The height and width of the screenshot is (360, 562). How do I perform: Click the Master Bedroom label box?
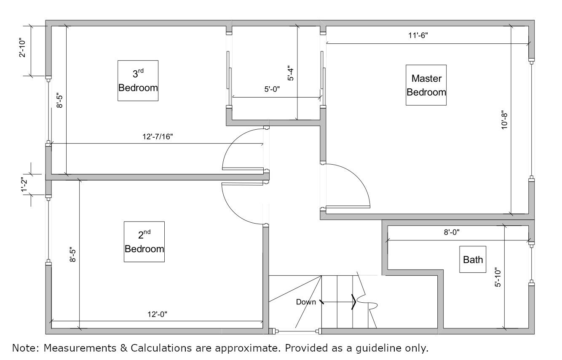pos(426,85)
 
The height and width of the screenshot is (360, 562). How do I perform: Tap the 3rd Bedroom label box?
pos(138,81)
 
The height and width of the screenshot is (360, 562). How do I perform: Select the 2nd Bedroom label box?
pos(144,242)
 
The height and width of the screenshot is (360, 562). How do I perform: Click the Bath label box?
pos(473,259)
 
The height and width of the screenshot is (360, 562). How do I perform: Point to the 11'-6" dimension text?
pos(418,35)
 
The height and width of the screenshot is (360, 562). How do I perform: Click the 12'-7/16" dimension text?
pos(158,136)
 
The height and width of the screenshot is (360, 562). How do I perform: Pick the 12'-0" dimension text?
pos(157,314)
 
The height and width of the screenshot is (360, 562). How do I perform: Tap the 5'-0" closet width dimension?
pos(272,89)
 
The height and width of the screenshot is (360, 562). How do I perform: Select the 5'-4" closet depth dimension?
pos(291,73)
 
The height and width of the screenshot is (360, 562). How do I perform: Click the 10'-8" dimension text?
pos(505,120)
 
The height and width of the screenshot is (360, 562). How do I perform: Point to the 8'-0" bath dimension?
pos(452,232)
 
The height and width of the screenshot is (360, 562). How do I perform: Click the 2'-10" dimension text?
pos(22,48)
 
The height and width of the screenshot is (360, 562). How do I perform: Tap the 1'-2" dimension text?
pos(24,185)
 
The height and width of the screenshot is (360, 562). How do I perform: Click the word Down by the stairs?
pos(306,302)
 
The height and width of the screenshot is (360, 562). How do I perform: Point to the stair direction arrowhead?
pos(354,302)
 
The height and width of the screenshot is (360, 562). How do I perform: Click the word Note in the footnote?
pos(26,348)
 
